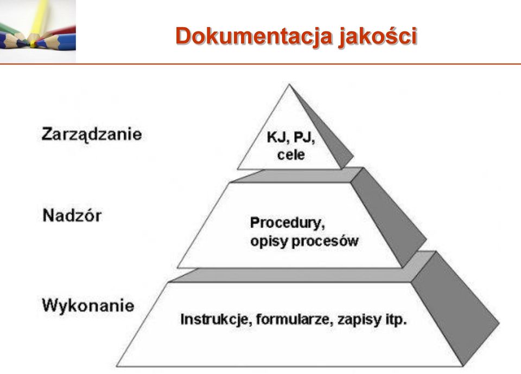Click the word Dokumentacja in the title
[x=254, y=36]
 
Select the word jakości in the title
[x=378, y=36]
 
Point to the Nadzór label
[x=72, y=216]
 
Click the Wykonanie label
[x=88, y=305]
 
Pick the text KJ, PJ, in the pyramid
[x=291, y=137]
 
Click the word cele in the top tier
[x=291, y=155]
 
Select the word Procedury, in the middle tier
[x=288, y=223]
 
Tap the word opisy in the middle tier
[x=269, y=241]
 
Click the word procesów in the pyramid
[x=325, y=241]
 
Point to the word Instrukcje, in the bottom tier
[x=215, y=320]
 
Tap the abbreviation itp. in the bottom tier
[x=396, y=320]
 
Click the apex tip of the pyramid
[x=289, y=85]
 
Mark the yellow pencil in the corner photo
[x=39, y=20]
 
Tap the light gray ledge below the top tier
[x=297, y=175]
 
